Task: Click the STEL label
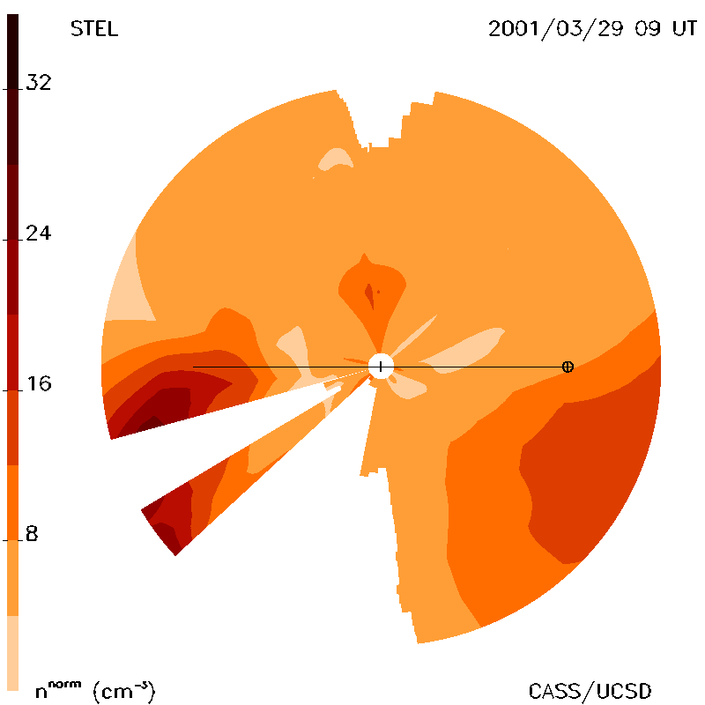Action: [x=94, y=29]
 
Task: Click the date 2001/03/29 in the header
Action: [x=556, y=29]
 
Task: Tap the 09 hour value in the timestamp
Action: [x=648, y=29]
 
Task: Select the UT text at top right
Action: [x=685, y=29]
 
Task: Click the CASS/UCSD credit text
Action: [x=590, y=691]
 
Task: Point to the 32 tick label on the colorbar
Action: [x=39, y=82]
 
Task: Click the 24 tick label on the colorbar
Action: [x=39, y=233]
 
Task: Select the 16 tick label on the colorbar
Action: [x=39, y=383]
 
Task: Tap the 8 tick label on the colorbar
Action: [x=32, y=534]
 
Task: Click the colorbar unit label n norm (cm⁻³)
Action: [x=95, y=691]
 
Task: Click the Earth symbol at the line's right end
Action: [x=568, y=367]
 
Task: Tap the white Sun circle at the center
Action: [x=381, y=367]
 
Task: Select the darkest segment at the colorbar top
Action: [x=12, y=89]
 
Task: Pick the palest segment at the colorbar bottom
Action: [x=12, y=653]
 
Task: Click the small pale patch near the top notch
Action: [x=335, y=159]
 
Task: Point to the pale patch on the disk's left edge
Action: [x=129, y=288]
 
